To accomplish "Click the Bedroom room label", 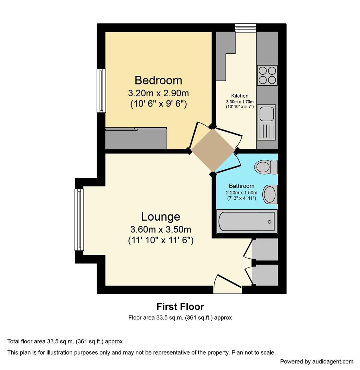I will click(x=158, y=80).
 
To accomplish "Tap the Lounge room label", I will click(x=161, y=217).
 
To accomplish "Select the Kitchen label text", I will click(x=240, y=96).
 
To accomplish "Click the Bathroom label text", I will click(x=241, y=186).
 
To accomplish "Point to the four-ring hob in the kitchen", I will click(x=267, y=75).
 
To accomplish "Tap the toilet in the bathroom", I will click(x=266, y=167).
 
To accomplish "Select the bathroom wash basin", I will click(x=270, y=194).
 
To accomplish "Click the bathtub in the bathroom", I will click(x=247, y=221).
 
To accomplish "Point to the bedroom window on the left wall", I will click(x=101, y=90).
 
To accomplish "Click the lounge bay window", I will click(x=79, y=220).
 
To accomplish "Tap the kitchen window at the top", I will click(x=246, y=27).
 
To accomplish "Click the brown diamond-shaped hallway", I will click(x=213, y=150).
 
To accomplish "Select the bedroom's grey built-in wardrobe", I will click(x=136, y=139).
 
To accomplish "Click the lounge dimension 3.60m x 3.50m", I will click(x=161, y=229).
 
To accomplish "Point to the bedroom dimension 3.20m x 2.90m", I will click(x=158, y=93).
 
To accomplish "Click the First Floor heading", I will click(x=180, y=306).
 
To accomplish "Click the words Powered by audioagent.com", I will click(x=316, y=361).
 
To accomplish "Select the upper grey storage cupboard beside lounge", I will click(x=265, y=249).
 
